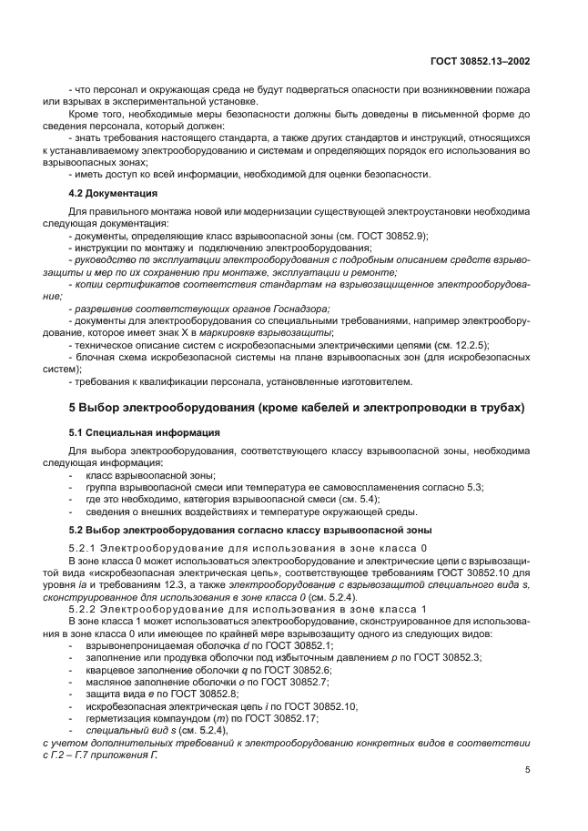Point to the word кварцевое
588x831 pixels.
pyautogui.click(x=109, y=669)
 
